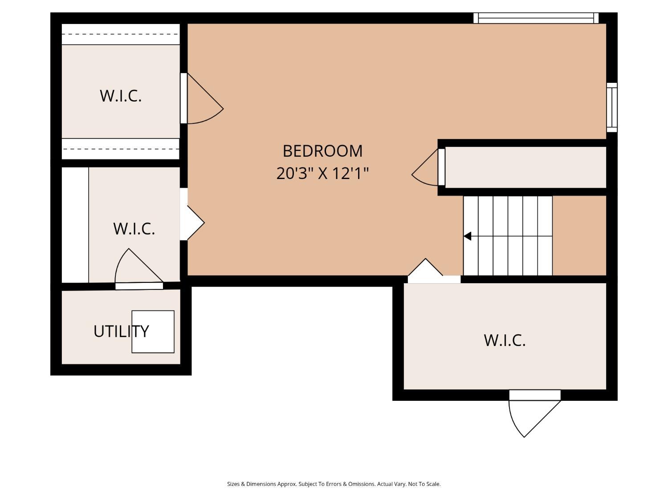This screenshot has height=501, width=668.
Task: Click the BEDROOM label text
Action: (x=322, y=151)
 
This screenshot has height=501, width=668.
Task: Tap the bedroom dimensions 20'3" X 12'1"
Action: (x=322, y=173)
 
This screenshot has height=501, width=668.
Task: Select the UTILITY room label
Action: (x=121, y=331)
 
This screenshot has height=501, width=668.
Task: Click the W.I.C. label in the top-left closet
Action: (x=121, y=96)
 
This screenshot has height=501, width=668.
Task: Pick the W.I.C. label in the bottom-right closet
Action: (x=505, y=340)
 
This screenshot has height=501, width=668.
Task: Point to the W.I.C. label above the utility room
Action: (x=134, y=228)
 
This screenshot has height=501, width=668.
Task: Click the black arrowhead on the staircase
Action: (x=467, y=236)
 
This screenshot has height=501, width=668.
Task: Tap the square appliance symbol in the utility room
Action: (x=153, y=332)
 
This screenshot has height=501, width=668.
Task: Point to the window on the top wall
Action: (x=536, y=18)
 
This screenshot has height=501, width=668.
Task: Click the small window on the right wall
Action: (x=612, y=107)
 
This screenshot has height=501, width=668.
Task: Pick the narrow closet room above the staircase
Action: (x=525, y=167)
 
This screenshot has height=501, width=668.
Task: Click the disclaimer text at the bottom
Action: (x=334, y=484)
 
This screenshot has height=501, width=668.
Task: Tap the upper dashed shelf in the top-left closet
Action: (x=120, y=34)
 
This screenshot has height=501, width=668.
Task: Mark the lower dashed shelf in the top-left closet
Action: (x=120, y=149)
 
